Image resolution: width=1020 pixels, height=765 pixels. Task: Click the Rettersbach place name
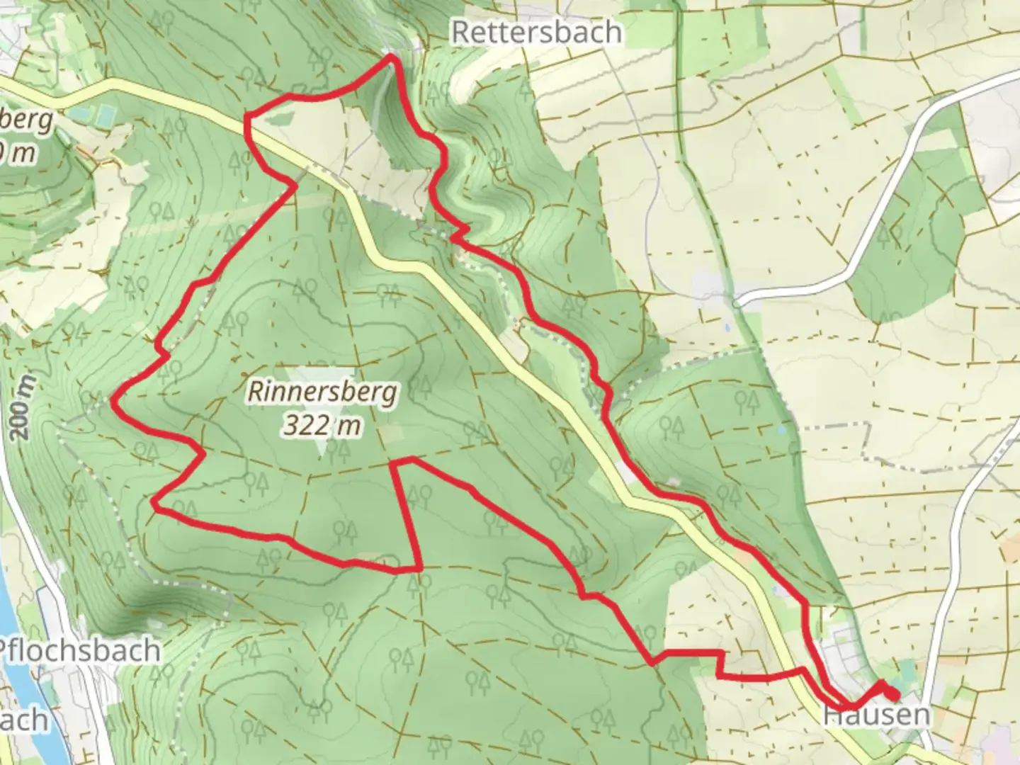pyautogui.click(x=536, y=32)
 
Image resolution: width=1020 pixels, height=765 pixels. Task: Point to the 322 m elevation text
pyautogui.click(x=322, y=425)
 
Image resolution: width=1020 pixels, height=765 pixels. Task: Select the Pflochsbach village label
pyautogui.click(x=79, y=650)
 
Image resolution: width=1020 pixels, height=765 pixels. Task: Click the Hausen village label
pyautogui.click(x=876, y=714)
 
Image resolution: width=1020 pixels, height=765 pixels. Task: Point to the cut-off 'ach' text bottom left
pyautogui.click(x=24, y=720)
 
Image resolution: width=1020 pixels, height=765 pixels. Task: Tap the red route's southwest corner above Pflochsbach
pyautogui.click(x=154, y=503)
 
